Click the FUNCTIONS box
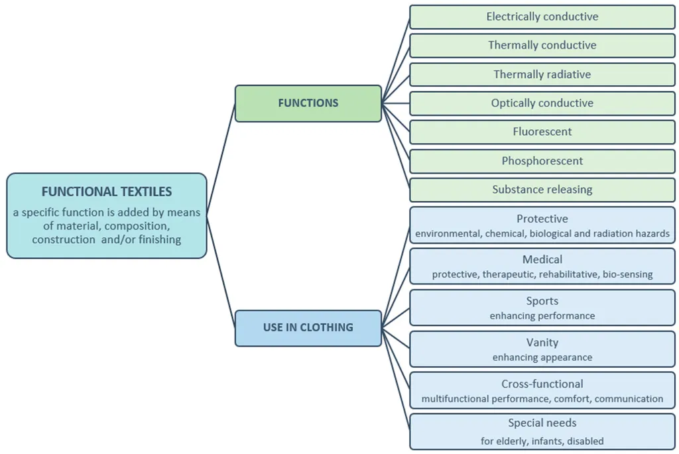[x=308, y=103]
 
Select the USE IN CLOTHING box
[x=308, y=328]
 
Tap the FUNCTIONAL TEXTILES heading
[x=107, y=192]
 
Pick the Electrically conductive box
[x=542, y=17]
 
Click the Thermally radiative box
[x=542, y=74]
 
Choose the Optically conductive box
[x=542, y=103]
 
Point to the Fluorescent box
[x=542, y=132]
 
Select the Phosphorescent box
[x=542, y=161]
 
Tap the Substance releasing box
[x=542, y=190]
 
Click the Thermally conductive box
[x=542, y=46]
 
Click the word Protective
[x=542, y=219]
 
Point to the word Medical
[x=542, y=259]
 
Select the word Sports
[x=542, y=301]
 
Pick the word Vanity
[x=542, y=343]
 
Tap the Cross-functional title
[x=542, y=384]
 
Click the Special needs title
[x=542, y=423]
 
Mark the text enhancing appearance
[x=542, y=357]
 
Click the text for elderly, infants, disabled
[x=542, y=441]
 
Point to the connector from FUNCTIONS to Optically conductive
[x=396, y=103]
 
